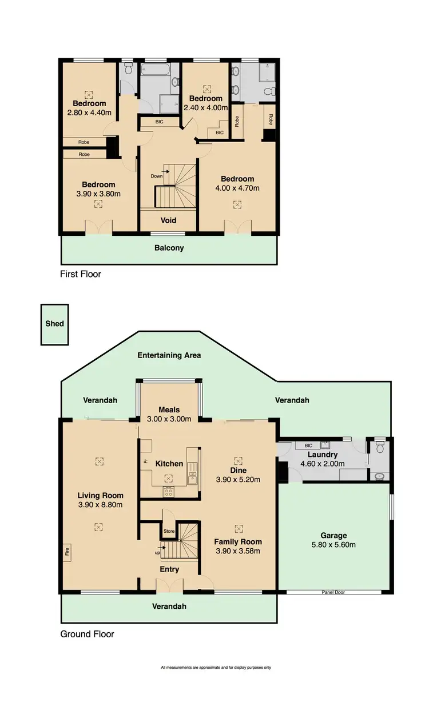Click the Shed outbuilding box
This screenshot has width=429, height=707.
[54, 324]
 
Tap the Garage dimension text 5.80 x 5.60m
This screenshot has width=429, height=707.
[333, 544]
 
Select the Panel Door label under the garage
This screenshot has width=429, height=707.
[333, 592]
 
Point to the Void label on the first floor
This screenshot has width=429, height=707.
[168, 220]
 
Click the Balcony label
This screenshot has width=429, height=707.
[169, 248]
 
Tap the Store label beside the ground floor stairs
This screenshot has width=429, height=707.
[169, 531]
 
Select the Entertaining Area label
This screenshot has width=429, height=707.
[169, 355]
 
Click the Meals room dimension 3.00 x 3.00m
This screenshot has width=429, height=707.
[169, 419]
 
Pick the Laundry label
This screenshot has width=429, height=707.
[323, 455]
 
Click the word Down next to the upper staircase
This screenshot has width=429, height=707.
[157, 176]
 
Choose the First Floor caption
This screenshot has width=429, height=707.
[81, 274]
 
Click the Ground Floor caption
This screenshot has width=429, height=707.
[88, 634]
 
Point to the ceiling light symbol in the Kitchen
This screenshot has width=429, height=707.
[169, 478]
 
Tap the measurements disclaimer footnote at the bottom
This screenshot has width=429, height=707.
[216, 667]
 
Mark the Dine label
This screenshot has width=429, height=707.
[238, 471]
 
